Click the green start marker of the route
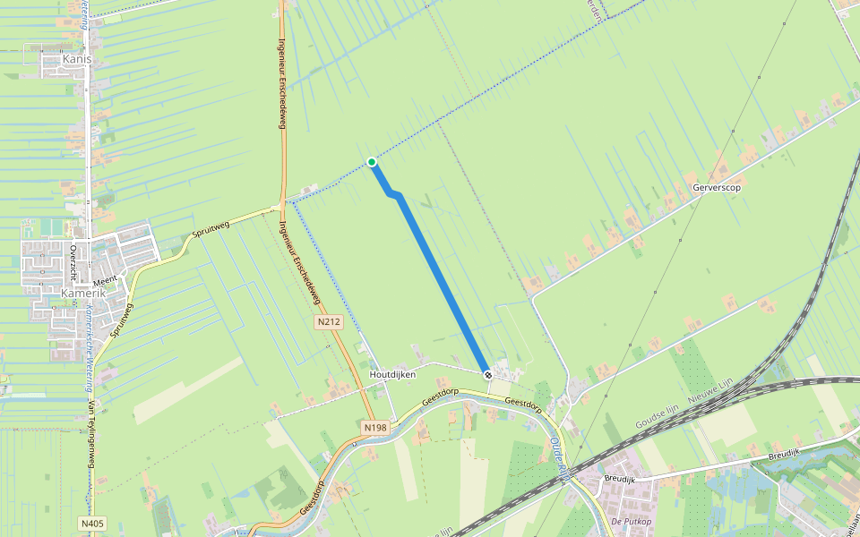(372, 162)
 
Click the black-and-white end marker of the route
(487, 374)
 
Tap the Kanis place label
(77, 59)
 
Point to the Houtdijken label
(392, 374)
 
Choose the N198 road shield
(375, 429)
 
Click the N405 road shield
(91, 523)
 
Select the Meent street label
(105, 280)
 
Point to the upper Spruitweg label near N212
(211, 231)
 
